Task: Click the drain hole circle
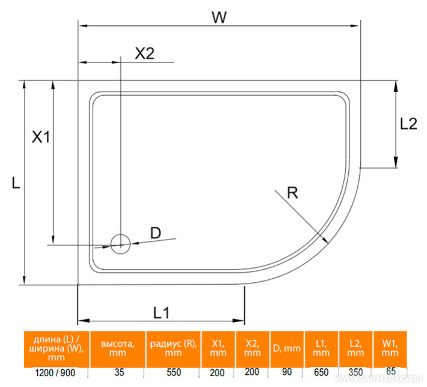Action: click(120, 243)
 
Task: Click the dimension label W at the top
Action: click(219, 17)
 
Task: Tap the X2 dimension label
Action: click(144, 53)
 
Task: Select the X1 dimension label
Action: click(41, 137)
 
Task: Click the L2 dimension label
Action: click(408, 124)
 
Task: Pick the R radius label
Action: click(293, 193)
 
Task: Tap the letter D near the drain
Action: click(155, 233)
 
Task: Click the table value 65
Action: click(390, 373)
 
